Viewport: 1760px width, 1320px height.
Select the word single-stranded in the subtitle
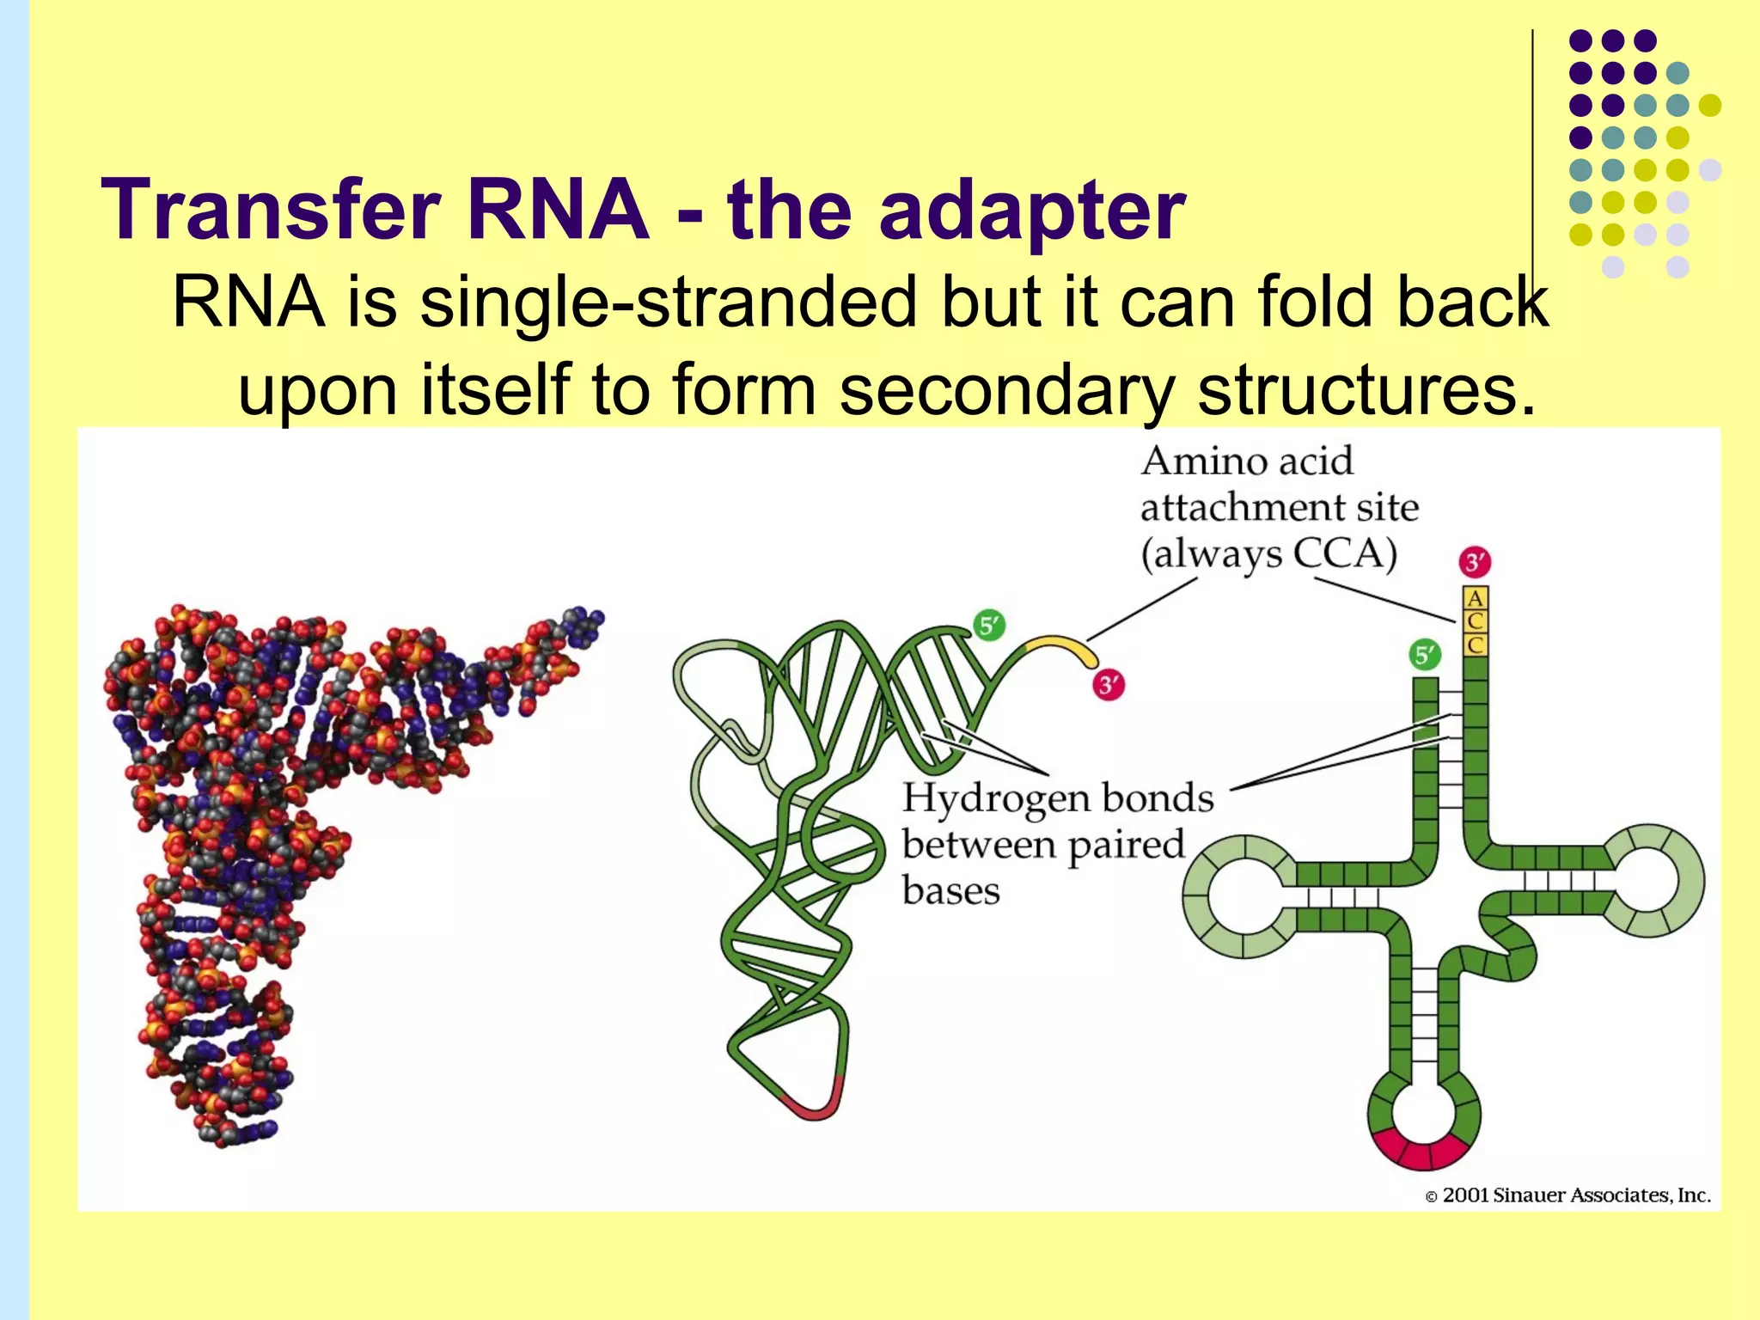click(x=669, y=302)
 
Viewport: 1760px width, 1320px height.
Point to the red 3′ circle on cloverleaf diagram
click(x=1475, y=563)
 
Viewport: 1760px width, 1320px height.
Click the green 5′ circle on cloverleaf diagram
click(x=1424, y=656)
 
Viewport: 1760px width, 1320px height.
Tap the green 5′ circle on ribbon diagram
click(x=989, y=625)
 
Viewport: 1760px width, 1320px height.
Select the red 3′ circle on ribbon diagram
click(x=1109, y=685)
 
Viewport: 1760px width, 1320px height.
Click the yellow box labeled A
click(x=1476, y=598)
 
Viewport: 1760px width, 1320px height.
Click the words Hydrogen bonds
click(x=1057, y=799)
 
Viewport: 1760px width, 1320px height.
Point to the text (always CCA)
click(x=1268, y=554)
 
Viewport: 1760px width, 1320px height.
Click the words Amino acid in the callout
click(x=1247, y=461)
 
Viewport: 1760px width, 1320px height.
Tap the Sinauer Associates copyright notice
click(x=1567, y=1195)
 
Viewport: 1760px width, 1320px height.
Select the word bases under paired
click(x=950, y=891)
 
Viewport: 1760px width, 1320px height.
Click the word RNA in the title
click(x=558, y=211)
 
